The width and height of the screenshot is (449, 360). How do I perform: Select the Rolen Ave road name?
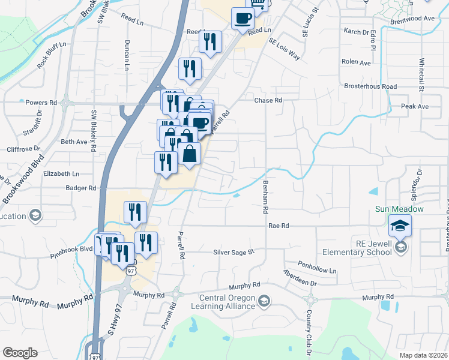click(356, 62)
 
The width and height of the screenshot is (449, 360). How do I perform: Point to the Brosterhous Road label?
click(370, 86)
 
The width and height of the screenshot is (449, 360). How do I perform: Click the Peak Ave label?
click(415, 106)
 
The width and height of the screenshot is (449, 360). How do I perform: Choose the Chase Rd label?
click(268, 101)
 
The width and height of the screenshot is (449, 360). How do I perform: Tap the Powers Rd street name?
click(41, 103)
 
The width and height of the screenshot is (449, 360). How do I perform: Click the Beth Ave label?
click(74, 142)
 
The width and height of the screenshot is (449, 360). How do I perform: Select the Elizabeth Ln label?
click(61, 173)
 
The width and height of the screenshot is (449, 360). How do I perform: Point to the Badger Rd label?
click(81, 188)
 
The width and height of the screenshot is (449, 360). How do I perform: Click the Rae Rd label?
click(279, 226)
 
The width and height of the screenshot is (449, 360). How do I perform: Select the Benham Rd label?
click(264, 197)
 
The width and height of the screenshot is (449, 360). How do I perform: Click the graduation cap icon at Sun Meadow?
click(399, 226)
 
